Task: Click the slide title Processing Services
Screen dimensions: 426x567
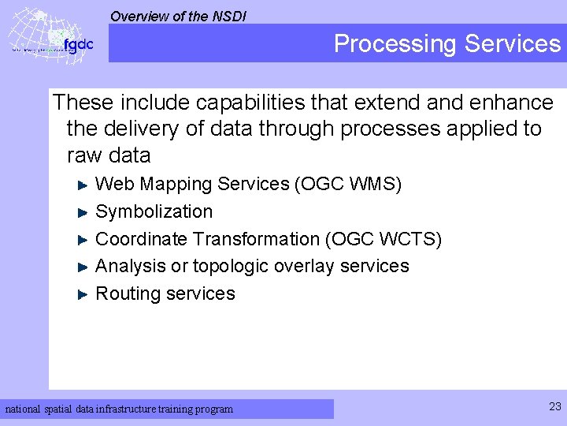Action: [447, 43]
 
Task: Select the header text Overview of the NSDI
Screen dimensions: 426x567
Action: [178, 15]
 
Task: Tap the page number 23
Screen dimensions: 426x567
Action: [554, 406]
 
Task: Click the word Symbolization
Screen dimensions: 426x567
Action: [154, 211]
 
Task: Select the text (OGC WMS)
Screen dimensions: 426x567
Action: [347, 184]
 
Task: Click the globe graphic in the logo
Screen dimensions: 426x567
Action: [35, 35]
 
